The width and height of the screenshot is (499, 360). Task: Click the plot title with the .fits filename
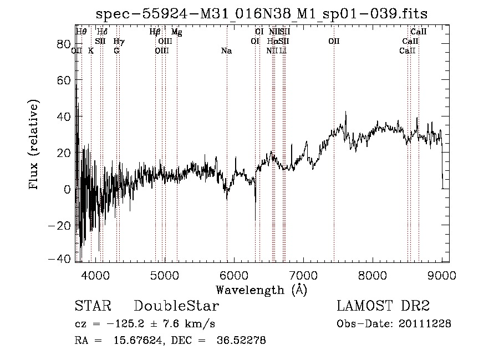(x=262, y=13)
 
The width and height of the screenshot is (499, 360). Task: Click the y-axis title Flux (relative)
(x=35, y=145)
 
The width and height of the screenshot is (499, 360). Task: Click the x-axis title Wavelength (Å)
(x=261, y=290)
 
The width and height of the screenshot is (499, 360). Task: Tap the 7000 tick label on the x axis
(x=303, y=276)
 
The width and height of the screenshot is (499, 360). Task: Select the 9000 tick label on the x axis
(x=442, y=276)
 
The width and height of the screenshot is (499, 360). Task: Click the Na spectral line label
(x=226, y=51)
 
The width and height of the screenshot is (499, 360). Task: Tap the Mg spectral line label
(x=176, y=32)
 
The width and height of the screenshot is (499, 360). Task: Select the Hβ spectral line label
(x=155, y=32)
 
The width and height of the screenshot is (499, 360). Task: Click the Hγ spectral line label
(x=119, y=42)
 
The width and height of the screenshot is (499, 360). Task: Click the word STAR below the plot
(x=93, y=307)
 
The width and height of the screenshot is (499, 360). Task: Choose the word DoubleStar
(x=176, y=307)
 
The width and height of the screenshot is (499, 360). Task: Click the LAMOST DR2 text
(x=383, y=307)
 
